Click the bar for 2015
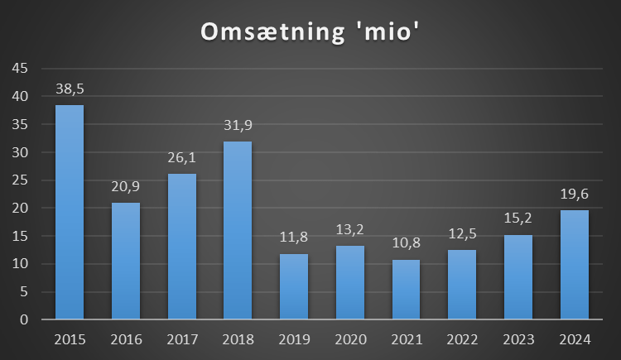pos(69,212)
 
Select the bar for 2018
pos(238,230)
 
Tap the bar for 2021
pos(406,290)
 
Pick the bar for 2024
pos(575,265)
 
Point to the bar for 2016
pos(125,261)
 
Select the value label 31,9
pos(238,126)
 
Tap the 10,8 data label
pos(406,244)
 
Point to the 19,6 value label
pos(575,194)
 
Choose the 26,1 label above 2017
pos(181,158)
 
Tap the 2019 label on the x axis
pos(293,339)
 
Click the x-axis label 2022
pos(462,339)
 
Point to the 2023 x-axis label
pos(518,339)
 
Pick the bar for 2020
pos(349,282)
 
